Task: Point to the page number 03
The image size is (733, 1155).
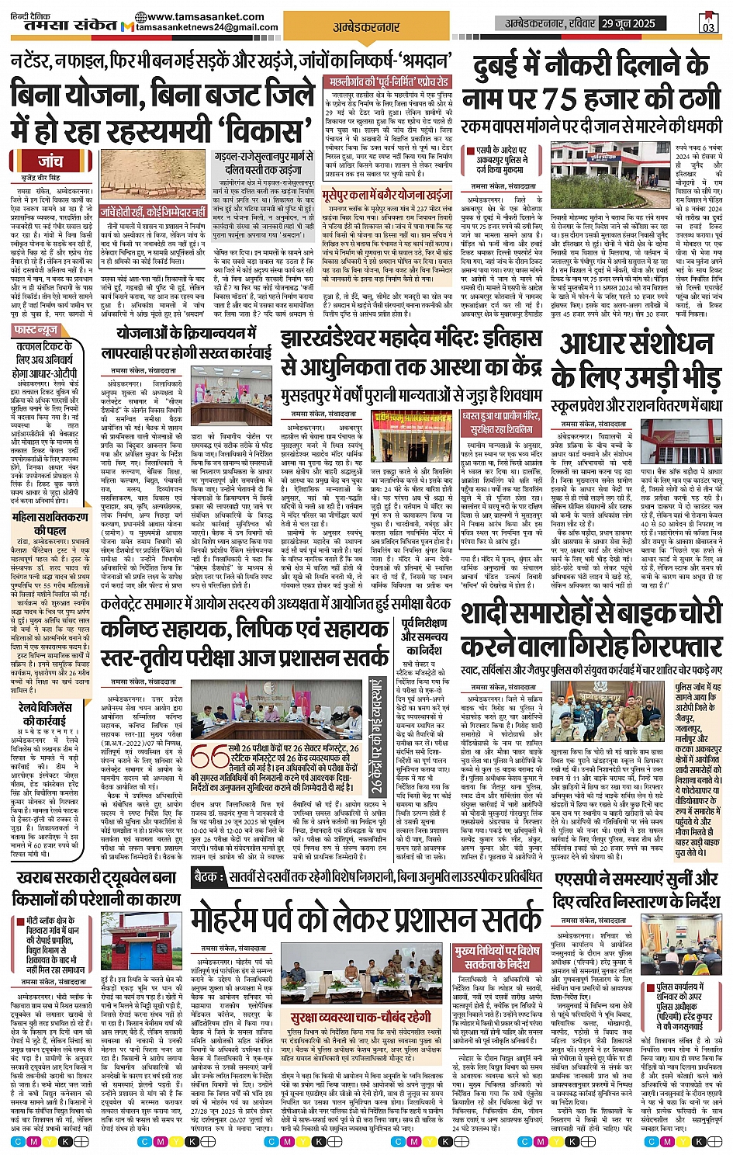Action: (x=708, y=24)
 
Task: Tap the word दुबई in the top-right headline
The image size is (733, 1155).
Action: (x=504, y=67)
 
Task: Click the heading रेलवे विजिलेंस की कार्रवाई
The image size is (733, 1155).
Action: (x=45, y=713)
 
